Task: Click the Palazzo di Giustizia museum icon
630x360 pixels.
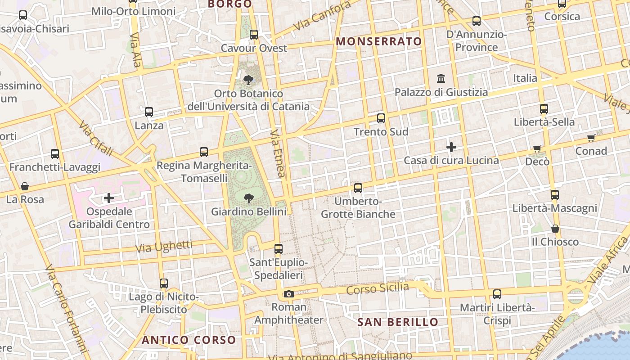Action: click(441, 79)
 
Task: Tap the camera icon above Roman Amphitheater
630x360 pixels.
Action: click(288, 294)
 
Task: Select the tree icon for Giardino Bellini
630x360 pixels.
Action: click(248, 198)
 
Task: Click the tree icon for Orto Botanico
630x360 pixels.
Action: click(248, 80)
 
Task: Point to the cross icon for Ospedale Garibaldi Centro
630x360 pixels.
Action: click(108, 198)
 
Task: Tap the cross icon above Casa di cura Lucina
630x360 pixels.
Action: click(451, 147)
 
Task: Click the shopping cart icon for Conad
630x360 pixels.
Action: click(591, 138)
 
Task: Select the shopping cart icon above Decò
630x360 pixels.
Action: click(537, 148)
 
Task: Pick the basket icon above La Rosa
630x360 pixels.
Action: click(25, 186)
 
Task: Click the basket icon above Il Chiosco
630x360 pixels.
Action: click(555, 229)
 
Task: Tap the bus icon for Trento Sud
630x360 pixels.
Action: click(381, 118)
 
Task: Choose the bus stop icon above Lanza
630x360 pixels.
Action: click(149, 112)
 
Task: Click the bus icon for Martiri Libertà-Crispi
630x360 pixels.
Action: click(497, 294)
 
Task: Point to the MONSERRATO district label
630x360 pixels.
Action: click(379, 41)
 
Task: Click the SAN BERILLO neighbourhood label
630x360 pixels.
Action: click(397, 322)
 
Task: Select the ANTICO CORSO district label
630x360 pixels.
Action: click(189, 340)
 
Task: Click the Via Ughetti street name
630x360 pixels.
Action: click(164, 247)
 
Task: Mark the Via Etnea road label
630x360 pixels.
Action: click(278, 153)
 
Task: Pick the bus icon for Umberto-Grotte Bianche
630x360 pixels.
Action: click(358, 188)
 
